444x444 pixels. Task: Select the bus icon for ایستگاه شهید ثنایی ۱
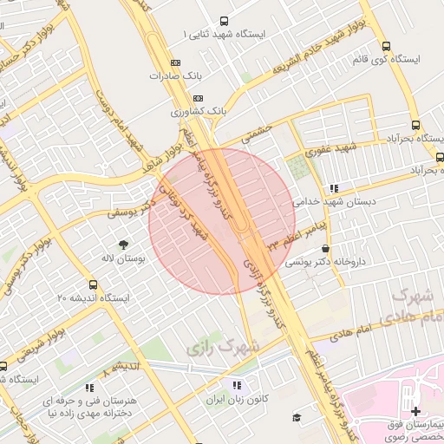tap(225, 21)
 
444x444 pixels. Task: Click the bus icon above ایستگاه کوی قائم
tap(386, 47)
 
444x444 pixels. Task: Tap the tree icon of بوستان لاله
tap(122, 245)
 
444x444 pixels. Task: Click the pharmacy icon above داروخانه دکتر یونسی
tap(325, 248)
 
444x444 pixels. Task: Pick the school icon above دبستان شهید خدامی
tap(333, 188)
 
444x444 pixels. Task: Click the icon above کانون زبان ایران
tap(236, 385)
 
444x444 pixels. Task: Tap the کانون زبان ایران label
tap(234, 401)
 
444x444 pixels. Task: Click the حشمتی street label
tap(257, 134)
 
